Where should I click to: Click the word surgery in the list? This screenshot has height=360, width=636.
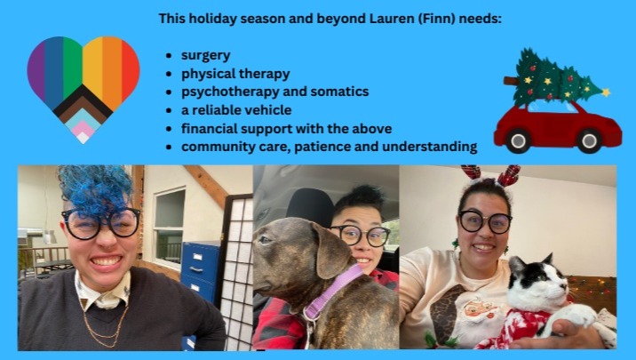click(206, 56)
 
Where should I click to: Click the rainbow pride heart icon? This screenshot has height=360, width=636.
click(83, 87)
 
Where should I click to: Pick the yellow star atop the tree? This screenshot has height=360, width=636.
click(606, 92)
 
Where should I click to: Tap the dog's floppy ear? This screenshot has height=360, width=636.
click(330, 252)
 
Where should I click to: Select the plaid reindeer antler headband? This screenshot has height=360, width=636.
click(491, 175)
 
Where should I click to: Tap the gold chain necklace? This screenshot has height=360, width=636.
click(104, 324)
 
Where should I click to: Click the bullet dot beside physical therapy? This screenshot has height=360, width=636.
click(169, 75)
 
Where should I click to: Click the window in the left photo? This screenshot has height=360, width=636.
click(169, 228)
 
